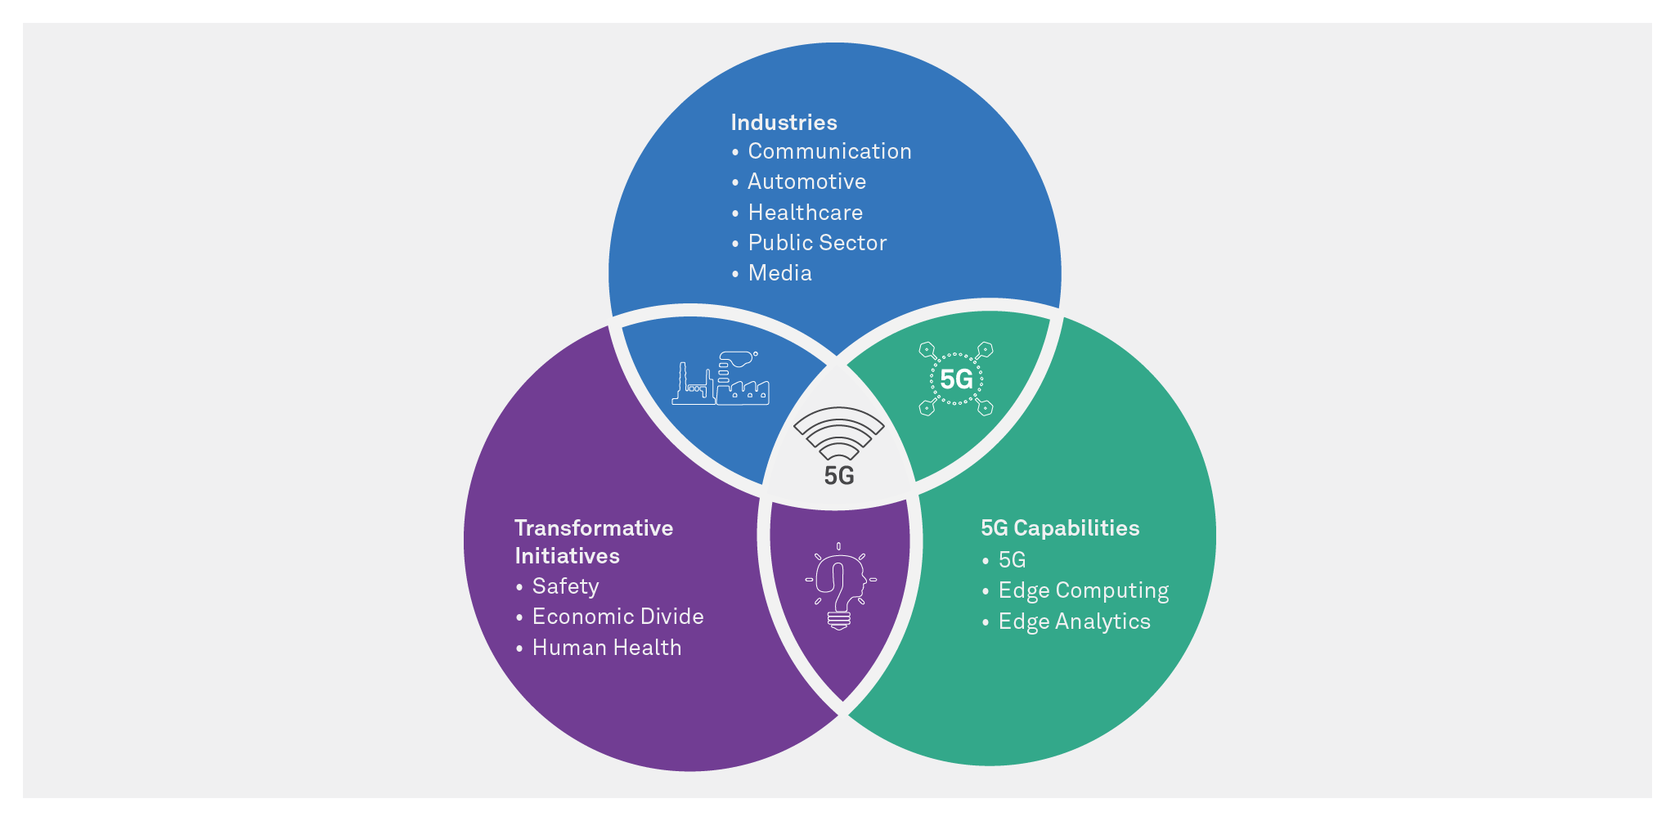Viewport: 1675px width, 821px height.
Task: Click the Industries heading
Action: (x=784, y=123)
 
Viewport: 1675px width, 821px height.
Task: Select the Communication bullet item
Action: (x=829, y=151)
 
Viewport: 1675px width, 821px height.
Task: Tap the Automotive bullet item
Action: (x=806, y=182)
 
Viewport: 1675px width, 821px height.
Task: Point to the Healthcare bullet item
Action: (x=805, y=213)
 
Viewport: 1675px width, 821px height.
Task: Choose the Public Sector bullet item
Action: (x=817, y=243)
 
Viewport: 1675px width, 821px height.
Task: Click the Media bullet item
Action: (x=779, y=273)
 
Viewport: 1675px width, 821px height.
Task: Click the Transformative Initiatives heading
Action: (x=593, y=541)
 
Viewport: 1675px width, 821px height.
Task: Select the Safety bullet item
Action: (x=565, y=586)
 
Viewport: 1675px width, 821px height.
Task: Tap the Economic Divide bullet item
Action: (x=617, y=617)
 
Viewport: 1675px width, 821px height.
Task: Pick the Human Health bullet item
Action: (x=606, y=648)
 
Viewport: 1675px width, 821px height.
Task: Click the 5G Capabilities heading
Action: (x=1060, y=528)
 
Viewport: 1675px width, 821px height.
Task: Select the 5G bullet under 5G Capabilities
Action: (x=1012, y=560)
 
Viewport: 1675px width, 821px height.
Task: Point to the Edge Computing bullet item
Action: (x=1083, y=590)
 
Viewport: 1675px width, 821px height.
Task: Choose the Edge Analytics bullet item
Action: (x=1074, y=621)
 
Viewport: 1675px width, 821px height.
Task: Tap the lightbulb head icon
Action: (x=839, y=585)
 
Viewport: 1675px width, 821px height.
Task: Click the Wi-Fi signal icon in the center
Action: (x=839, y=433)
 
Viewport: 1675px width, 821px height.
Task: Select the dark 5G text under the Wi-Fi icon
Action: (x=839, y=476)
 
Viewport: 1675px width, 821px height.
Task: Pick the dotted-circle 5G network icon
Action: (x=956, y=379)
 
